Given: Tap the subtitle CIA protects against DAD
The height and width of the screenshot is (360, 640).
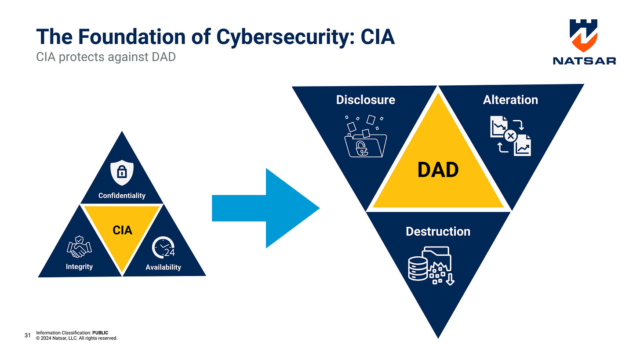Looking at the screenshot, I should tap(105, 57).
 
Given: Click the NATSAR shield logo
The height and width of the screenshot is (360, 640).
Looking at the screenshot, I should tap(584, 35).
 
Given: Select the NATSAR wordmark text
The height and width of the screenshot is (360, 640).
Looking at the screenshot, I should tap(584, 61).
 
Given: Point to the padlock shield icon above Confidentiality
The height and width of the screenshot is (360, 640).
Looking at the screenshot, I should tap(121, 173).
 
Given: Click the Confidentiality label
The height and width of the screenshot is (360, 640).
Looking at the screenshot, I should tap(122, 195).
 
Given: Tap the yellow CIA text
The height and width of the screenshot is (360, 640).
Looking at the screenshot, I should tap(122, 229).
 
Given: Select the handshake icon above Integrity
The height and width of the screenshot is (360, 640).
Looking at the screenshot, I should tap(79, 247).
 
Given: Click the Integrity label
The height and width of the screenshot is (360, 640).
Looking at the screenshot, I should tap(79, 266).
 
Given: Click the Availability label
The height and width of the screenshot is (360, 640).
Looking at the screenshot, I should tap(163, 267).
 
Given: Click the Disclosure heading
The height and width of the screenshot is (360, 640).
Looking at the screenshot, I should tap(365, 100).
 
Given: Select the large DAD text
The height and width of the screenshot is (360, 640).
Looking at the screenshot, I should tap(438, 170).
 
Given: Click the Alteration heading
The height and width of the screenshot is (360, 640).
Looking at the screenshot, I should tap(510, 100).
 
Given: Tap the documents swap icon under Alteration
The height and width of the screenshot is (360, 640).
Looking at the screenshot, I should tap(510, 136).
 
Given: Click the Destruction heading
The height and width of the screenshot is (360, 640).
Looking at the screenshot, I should tap(438, 231).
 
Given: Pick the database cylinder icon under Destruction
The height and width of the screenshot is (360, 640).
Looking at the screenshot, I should tap(418, 268).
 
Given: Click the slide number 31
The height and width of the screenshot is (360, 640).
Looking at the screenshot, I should tap(27, 336).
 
